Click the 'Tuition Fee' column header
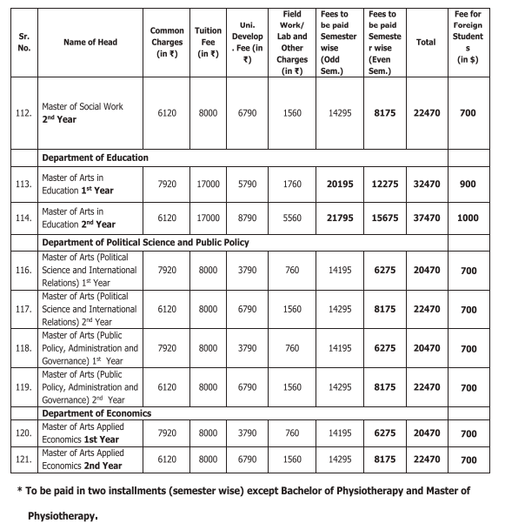[x=208, y=42]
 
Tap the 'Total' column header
[x=426, y=42]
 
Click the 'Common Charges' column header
[x=167, y=42]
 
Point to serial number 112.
[x=23, y=113]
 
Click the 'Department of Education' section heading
[x=95, y=158]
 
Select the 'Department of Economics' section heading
[x=96, y=413]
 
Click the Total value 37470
[x=426, y=218]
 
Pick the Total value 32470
[x=426, y=184]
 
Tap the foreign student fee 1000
[x=468, y=218]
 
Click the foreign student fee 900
[x=468, y=184]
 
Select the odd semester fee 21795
[x=336, y=218]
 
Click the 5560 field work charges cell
[x=292, y=218]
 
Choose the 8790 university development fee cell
[x=247, y=218]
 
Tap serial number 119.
[x=23, y=387]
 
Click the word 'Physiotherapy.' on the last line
[x=63, y=514]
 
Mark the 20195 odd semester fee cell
[x=336, y=184]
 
